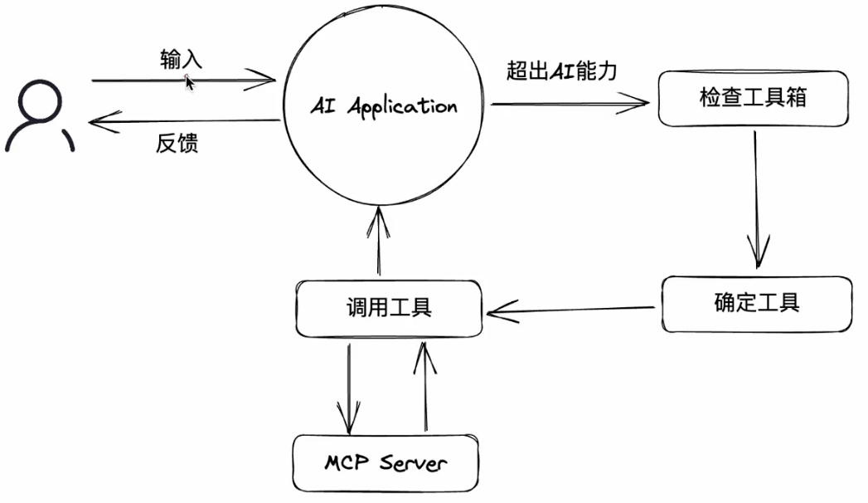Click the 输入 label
point(181,60)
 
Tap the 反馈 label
point(177,144)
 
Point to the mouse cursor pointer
point(189,81)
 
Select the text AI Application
point(383,107)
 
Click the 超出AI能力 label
point(562,71)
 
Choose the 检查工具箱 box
point(753,99)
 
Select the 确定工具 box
point(756,301)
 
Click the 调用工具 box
point(388,308)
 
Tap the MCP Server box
point(386,462)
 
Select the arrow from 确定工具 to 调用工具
point(572,311)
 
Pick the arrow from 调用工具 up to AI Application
point(379,241)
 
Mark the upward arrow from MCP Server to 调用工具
point(425,386)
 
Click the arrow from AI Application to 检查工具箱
point(569,104)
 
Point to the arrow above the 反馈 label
point(182,123)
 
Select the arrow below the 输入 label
point(182,81)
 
